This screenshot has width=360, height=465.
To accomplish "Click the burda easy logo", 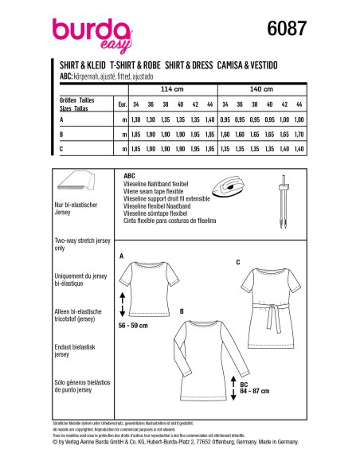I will tap(84, 33).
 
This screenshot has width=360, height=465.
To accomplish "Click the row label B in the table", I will tap(61, 133).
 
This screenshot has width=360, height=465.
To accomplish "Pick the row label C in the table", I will tap(61, 148).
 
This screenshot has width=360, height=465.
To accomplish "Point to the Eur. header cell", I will tap(122, 104).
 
